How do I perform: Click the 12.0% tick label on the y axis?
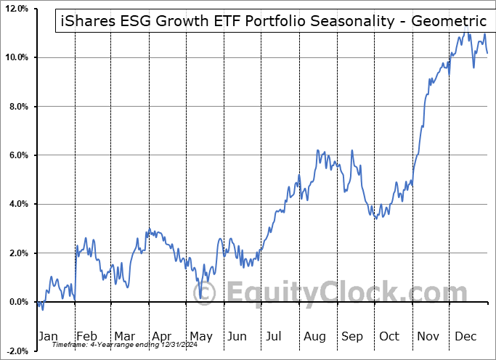16,9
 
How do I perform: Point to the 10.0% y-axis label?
16,57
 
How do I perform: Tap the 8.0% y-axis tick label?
18,107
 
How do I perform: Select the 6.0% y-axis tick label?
18,155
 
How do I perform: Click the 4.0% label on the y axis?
18,204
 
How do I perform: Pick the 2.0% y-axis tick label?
18,253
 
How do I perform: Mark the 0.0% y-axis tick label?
18,302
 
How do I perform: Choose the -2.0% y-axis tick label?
17,351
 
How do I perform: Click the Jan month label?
47,337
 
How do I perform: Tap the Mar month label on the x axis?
124,337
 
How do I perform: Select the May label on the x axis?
200,337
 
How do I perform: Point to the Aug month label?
314,337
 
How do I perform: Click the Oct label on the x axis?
389,337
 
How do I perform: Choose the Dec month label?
465,337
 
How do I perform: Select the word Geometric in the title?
449,22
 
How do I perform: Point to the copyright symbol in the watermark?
208,293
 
